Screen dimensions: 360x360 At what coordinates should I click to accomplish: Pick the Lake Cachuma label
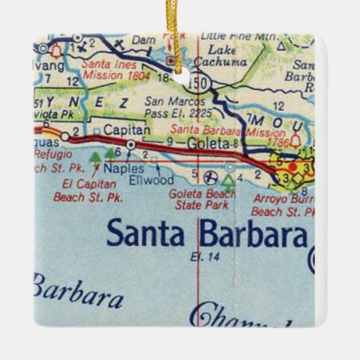click(227, 56)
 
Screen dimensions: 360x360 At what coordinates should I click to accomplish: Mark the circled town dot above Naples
click(130, 145)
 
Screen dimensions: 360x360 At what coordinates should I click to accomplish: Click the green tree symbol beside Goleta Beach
click(229, 180)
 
